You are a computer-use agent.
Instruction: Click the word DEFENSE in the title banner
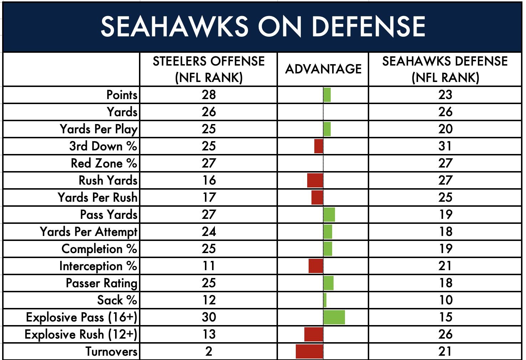[368, 26]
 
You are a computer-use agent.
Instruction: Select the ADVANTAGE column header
[323, 69]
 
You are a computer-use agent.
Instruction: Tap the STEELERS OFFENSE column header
[208, 69]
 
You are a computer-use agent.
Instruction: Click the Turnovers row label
[111, 351]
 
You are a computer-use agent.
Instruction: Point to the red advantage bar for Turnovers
[309, 351]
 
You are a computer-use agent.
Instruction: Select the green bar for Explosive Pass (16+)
[334, 317]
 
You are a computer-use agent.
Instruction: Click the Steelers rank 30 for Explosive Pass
[209, 317]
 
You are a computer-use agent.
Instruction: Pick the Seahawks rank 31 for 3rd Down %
[445, 146]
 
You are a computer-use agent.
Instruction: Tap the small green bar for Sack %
[325, 300]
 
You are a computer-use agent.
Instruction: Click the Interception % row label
[98, 266]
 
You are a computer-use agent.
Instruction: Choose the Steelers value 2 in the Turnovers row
[209, 351]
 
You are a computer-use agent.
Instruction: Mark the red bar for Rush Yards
[315, 180]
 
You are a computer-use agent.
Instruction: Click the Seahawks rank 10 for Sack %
[445, 300]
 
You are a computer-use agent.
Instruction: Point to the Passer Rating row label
[102, 283]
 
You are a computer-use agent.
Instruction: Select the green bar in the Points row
[327, 95]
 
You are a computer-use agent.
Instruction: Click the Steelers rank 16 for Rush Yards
[209, 180]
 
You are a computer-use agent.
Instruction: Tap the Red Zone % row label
[104, 163]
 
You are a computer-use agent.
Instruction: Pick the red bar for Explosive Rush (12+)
[314, 334]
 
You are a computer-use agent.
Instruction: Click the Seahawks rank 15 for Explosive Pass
[445, 317]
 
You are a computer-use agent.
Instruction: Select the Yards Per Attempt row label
[88, 232]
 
